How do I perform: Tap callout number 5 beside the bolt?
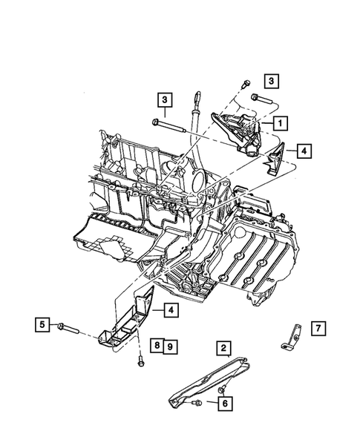coord(42,323)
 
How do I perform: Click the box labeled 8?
coord(157,345)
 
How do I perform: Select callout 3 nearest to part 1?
coord(271,80)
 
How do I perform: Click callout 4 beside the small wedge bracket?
coord(305,151)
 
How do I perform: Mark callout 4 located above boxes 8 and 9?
coord(170,309)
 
